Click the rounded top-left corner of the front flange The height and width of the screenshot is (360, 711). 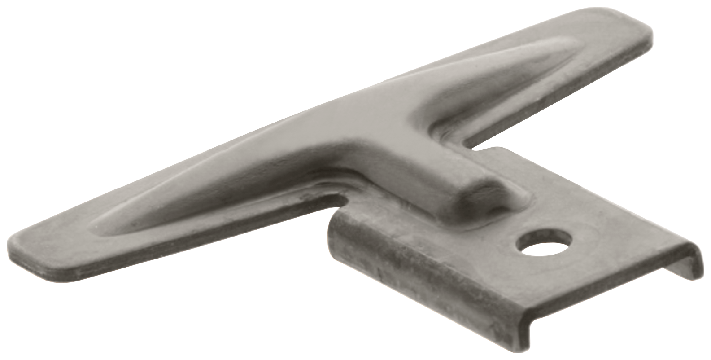pyautogui.click(x=334, y=215)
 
